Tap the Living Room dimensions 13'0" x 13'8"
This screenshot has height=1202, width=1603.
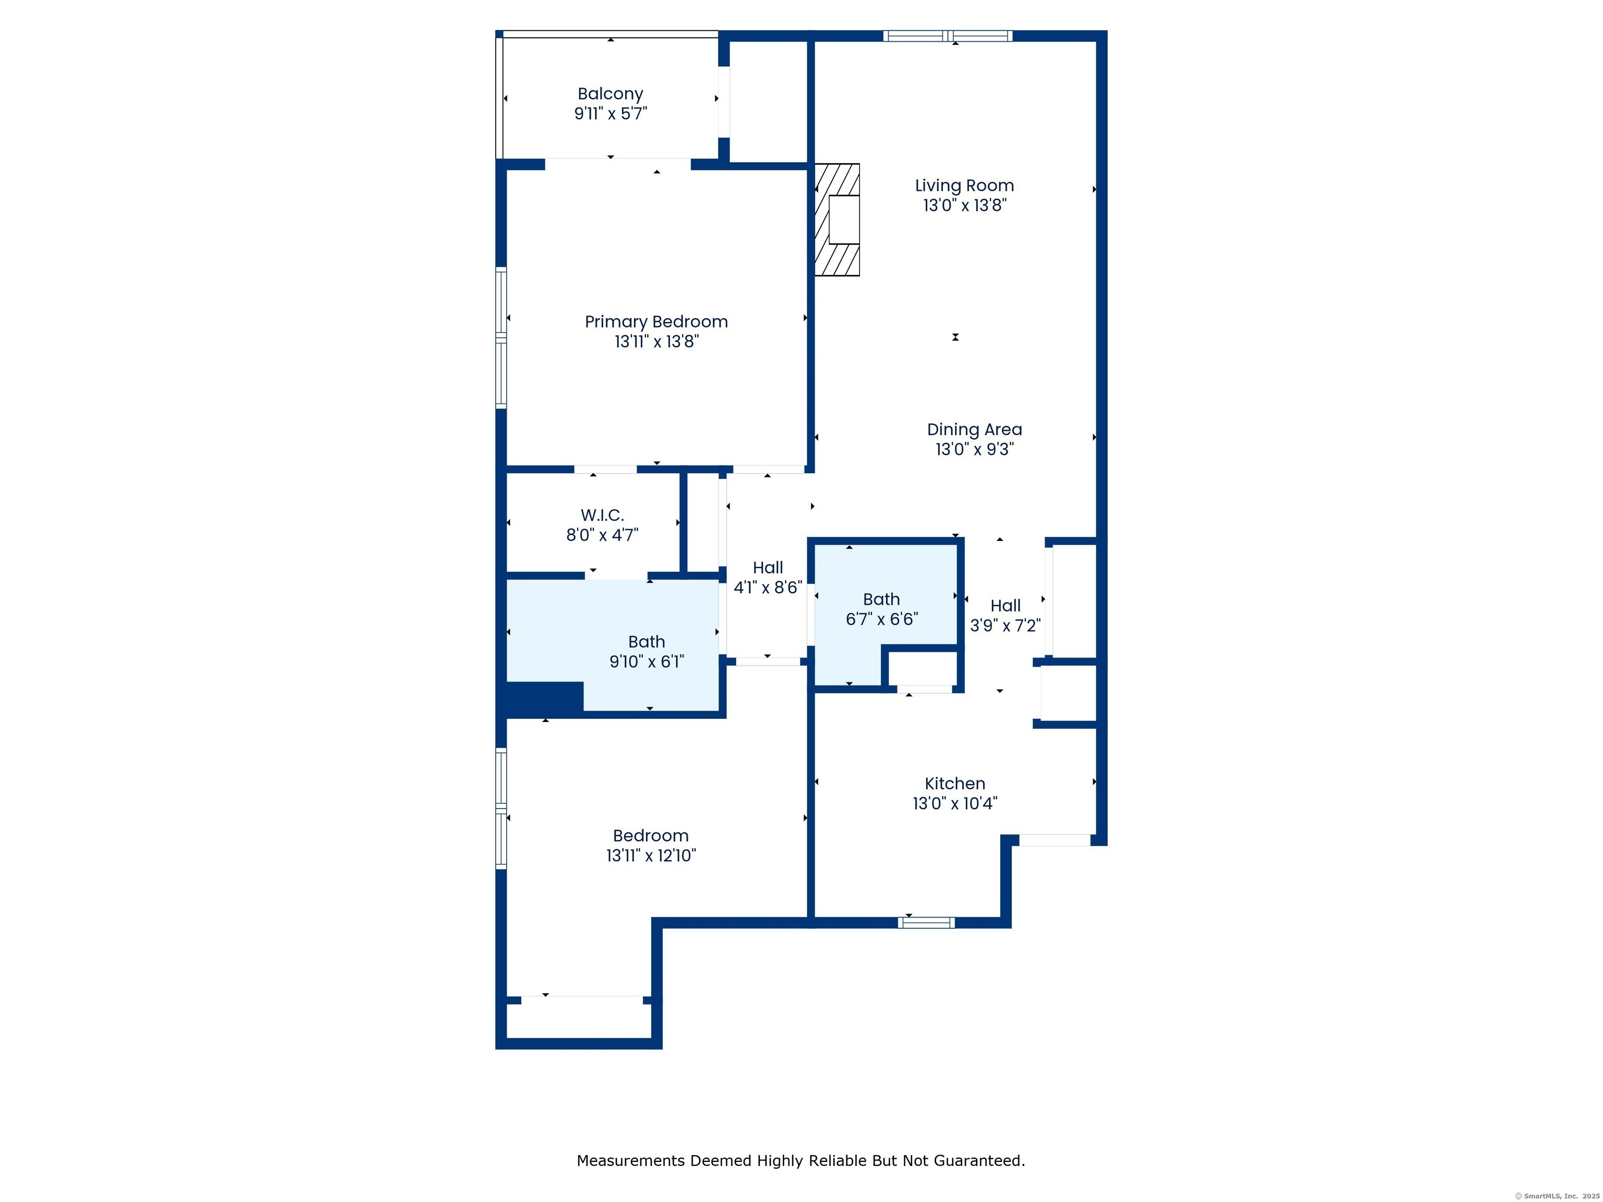pyautogui.click(x=964, y=205)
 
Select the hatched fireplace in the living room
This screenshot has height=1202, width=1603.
pyautogui.click(x=837, y=220)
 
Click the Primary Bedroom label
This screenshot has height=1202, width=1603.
pyautogui.click(x=656, y=322)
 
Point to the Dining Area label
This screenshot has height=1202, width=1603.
pyautogui.click(x=974, y=430)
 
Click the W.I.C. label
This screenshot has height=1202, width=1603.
pyautogui.click(x=602, y=515)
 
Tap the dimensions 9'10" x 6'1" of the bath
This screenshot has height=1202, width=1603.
pyautogui.click(x=647, y=661)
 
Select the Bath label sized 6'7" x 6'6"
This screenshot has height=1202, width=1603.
pyautogui.click(x=881, y=599)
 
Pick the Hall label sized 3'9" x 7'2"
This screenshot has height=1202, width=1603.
pyautogui.click(x=1005, y=606)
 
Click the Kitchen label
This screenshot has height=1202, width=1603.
pyautogui.click(x=954, y=783)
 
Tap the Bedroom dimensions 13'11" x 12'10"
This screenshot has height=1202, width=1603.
pyautogui.click(x=651, y=855)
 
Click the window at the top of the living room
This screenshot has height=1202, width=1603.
pyautogui.click(x=947, y=35)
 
